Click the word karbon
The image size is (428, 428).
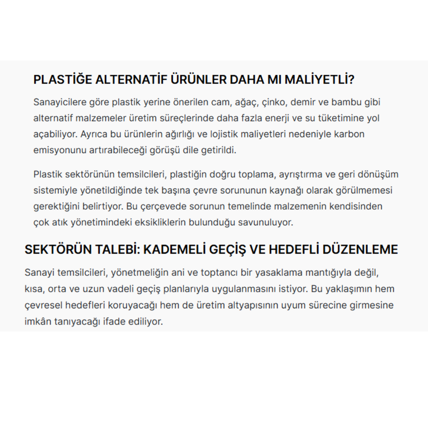point(348,134)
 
